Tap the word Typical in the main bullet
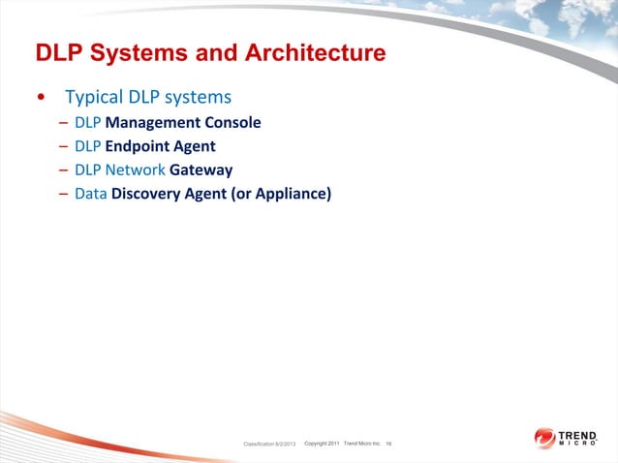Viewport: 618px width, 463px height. point(94,98)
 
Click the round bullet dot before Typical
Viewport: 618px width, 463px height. point(40,99)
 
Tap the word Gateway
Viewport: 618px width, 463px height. point(201,170)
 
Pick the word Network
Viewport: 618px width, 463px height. point(135,170)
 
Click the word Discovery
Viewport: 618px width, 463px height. point(147,195)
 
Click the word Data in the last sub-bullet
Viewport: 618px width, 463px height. point(90,195)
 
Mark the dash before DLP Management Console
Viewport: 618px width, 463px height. point(63,123)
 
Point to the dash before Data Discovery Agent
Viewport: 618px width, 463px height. point(63,195)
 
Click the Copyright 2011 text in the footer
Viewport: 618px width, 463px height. point(321,443)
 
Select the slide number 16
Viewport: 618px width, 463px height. point(388,443)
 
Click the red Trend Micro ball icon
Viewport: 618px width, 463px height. point(543,439)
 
